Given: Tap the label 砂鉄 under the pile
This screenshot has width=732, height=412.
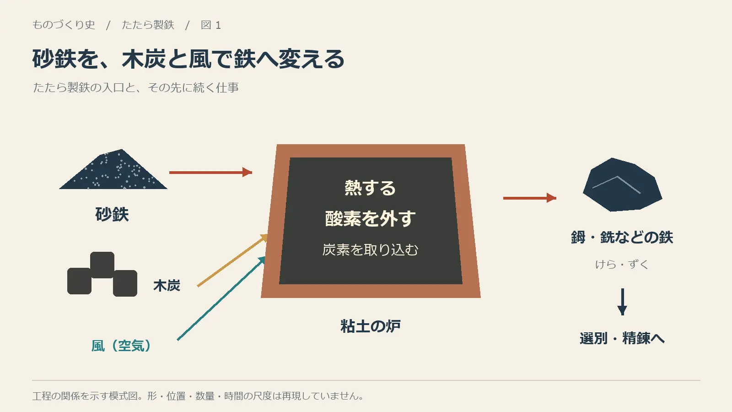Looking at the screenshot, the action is pyautogui.click(x=112, y=215).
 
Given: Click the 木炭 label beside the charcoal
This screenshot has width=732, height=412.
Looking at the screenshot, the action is pyautogui.click(x=167, y=286).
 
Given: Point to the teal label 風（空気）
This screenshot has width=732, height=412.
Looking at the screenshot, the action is pyautogui.click(x=121, y=346).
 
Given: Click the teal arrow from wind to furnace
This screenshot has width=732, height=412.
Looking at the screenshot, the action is pyautogui.click(x=221, y=298).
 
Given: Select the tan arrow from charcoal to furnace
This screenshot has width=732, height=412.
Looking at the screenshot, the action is pyautogui.click(x=232, y=260).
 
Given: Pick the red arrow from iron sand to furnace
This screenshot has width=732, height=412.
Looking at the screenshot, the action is pyautogui.click(x=211, y=172).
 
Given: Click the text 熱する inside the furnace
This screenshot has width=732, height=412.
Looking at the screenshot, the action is pyautogui.click(x=370, y=188).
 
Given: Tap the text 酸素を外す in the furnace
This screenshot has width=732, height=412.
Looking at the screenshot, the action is pyautogui.click(x=370, y=218).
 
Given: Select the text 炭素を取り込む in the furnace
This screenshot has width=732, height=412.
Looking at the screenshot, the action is pyautogui.click(x=370, y=250).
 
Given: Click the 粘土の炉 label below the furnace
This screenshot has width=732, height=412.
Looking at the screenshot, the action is pyautogui.click(x=371, y=326).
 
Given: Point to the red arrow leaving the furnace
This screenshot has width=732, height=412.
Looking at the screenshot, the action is pyautogui.click(x=530, y=198).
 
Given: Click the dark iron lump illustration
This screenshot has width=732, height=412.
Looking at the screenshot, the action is pyautogui.click(x=622, y=185).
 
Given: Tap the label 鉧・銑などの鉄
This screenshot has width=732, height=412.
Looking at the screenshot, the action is pyautogui.click(x=622, y=238).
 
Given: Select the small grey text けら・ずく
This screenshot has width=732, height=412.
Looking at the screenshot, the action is pyautogui.click(x=622, y=264).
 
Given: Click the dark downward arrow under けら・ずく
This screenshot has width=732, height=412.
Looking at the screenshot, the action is pyautogui.click(x=622, y=302).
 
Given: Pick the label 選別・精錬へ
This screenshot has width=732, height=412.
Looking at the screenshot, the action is pyautogui.click(x=622, y=338).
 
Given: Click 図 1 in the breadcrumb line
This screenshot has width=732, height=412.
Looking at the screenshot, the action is pyautogui.click(x=211, y=25).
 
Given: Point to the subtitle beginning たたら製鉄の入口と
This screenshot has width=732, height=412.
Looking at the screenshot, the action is pyautogui.click(x=135, y=87).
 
